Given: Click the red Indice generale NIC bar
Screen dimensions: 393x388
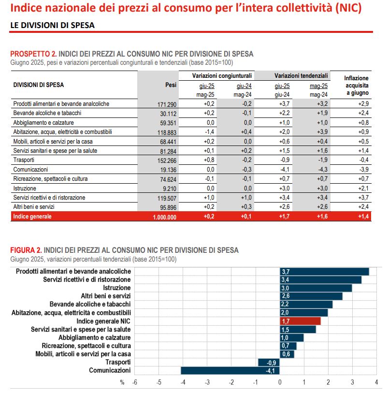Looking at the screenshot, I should (300, 320).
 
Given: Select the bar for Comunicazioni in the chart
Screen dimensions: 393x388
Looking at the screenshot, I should (230, 370).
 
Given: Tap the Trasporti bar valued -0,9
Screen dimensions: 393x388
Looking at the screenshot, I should (269, 362).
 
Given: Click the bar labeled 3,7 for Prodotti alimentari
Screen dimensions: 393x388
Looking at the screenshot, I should (324, 272).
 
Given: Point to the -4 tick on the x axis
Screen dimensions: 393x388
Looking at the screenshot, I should (183, 382).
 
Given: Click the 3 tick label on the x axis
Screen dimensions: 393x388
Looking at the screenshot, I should (352, 382).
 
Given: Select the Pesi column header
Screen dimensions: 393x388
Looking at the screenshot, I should (171, 85).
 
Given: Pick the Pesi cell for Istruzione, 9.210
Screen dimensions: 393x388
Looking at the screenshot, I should (169, 188).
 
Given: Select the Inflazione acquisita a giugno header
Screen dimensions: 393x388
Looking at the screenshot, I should (356, 85).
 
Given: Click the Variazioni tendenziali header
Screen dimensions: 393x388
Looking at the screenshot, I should (301, 76).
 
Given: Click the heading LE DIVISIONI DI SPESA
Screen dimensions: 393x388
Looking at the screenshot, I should (52, 25).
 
